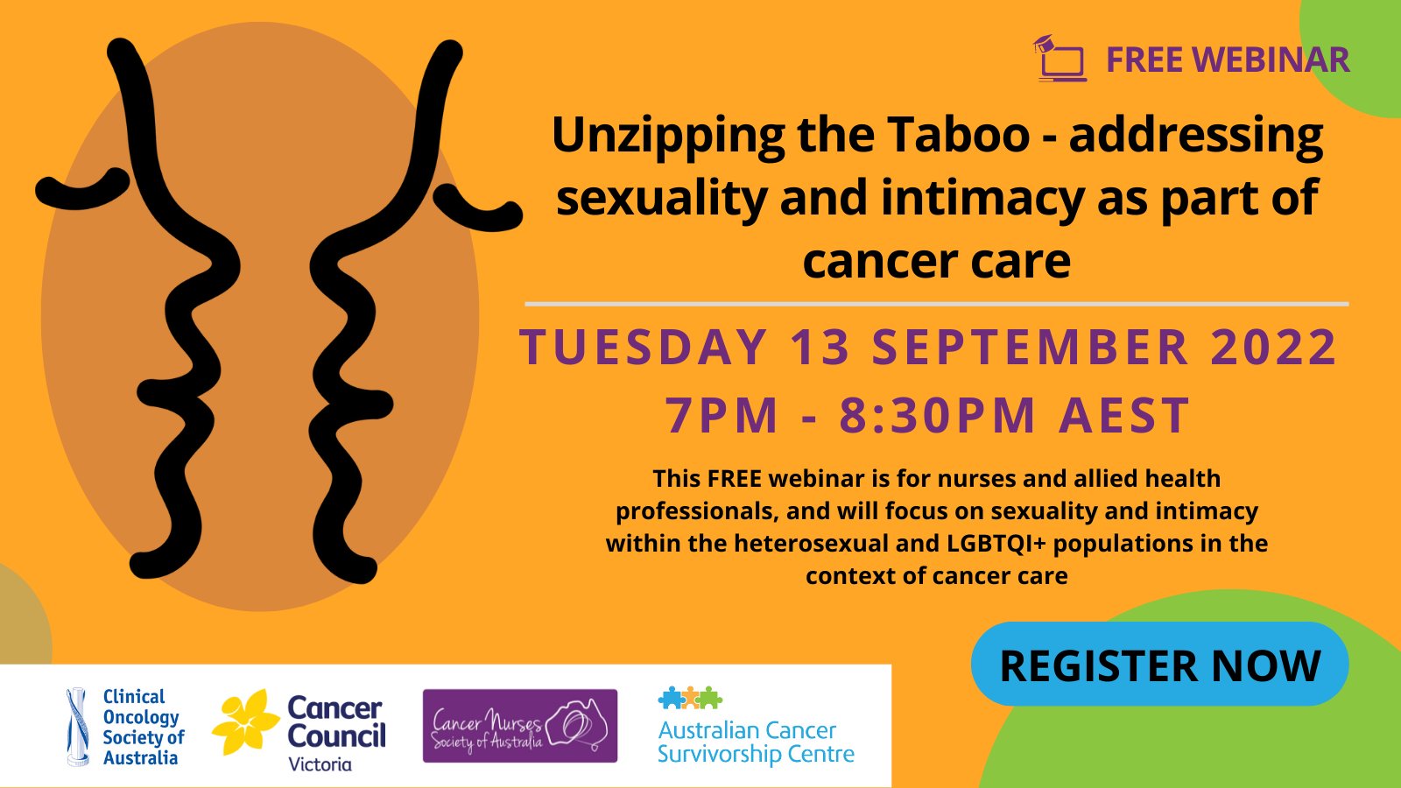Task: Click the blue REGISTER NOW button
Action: point(1159,665)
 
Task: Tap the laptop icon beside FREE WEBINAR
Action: point(1060,58)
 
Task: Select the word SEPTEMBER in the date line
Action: point(1030,347)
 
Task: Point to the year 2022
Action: point(1274,347)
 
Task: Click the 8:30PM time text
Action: point(938,415)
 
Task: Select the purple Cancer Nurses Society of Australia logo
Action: point(520,726)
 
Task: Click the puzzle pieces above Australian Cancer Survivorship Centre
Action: point(690,697)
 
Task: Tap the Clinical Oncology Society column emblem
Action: point(77,727)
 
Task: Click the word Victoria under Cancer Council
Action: point(320,763)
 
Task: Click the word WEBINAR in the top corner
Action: point(1271,60)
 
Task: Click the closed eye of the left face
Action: point(82,189)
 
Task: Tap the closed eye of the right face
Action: point(478,208)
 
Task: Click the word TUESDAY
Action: point(644,347)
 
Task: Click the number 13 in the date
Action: point(820,347)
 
